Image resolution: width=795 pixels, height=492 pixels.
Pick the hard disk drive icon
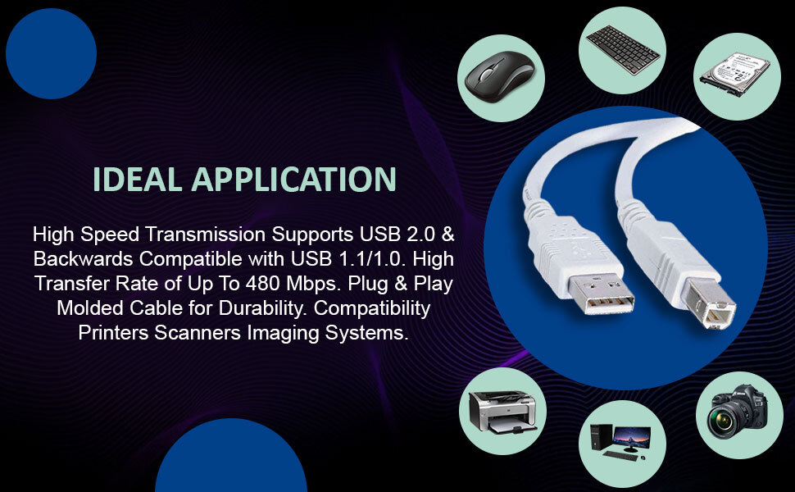point(734,73)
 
